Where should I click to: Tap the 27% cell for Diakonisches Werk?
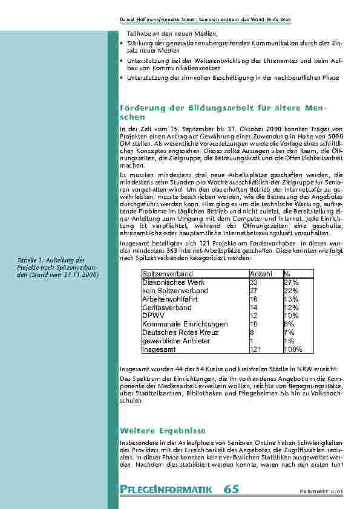(291, 282)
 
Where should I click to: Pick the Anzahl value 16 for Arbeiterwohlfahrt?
(254, 299)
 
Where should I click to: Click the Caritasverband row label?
(166, 308)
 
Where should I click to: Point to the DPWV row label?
(153, 316)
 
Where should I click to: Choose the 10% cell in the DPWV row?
(291, 316)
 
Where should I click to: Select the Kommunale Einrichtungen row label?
(185, 324)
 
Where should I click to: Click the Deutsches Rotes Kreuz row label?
(179, 332)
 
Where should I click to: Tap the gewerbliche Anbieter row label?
(176, 341)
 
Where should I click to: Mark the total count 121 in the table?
(255, 349)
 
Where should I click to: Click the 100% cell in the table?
(293, 349)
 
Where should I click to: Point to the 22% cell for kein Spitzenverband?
(291, 291)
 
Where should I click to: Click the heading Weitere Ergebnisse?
(163, 430)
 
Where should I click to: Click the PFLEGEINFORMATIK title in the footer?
(166, 489)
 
